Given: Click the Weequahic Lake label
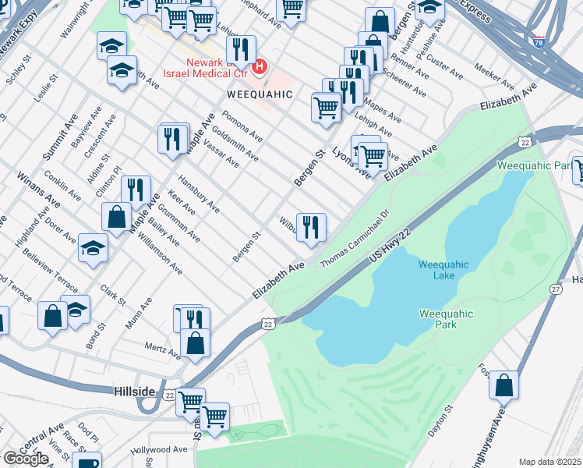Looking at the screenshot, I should [x=443, y=270].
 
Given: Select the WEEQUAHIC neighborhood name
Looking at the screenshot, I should [x=260, y=94].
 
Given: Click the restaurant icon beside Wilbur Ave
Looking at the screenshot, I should [x=311, y=228].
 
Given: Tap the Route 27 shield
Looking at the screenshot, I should [x=555, y=289].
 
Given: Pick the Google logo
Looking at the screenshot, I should [x=26, y=459].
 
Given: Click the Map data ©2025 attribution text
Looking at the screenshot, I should [x=549, y=462].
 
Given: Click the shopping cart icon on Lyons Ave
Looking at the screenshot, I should [x=373, y=155].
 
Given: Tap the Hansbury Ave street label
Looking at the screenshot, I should [x=200, y=193].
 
